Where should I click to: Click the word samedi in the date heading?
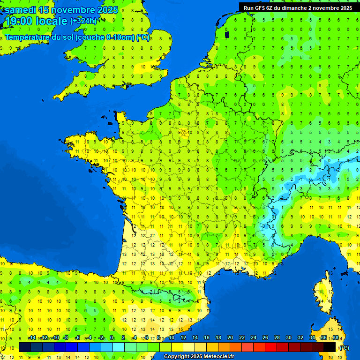click(20, 10)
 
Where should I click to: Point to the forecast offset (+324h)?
click(83, 21)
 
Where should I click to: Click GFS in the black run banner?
click(261, 7)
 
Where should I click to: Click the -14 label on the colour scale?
click(32, 338)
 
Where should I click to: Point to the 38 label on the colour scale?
click(335, 338)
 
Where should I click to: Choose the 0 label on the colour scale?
click(112, 338)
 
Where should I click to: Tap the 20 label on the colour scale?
click(230, 338)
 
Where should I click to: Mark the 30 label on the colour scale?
click(288, 338)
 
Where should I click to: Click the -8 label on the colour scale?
click(66, 338)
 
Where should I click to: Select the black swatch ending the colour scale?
click(330, 347)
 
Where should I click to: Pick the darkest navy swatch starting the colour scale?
click(25, 347)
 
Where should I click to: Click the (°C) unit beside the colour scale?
click(344, 347)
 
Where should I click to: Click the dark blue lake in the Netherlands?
click(227, 34)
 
